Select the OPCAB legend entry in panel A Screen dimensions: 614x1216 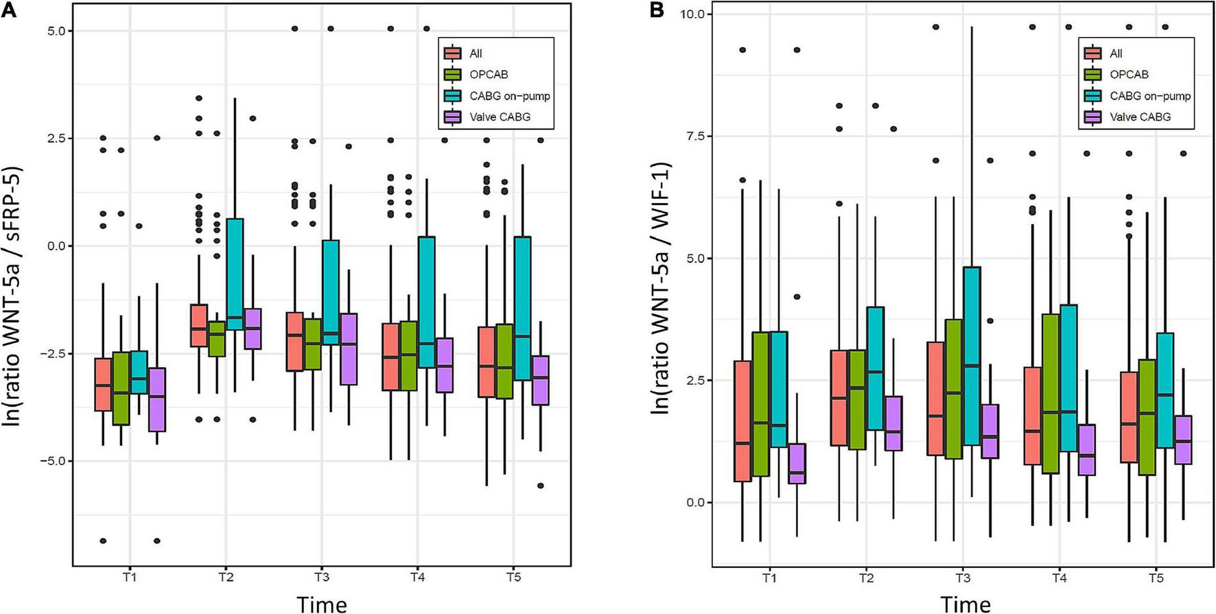tap(489, 74)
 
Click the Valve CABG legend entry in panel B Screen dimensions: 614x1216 tap(1140, 117)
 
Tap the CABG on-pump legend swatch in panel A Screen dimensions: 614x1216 tap(452, 95)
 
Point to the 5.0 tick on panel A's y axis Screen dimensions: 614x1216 tap(56, 31)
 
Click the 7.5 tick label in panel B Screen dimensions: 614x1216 tap(696, 136)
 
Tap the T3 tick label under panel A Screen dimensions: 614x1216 tap(321, 578)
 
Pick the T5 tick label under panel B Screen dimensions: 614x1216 tap(1156, 578)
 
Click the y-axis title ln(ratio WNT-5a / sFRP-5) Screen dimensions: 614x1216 tap(13, 295)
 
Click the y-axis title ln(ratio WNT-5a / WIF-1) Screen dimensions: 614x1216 tap(660, 288)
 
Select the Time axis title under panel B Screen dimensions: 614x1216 tap(965, 604)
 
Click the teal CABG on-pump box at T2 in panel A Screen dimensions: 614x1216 tap(235, 274)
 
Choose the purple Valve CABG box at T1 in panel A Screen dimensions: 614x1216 tap(157, 399)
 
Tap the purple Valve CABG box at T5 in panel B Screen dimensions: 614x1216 tap(1183, 440)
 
